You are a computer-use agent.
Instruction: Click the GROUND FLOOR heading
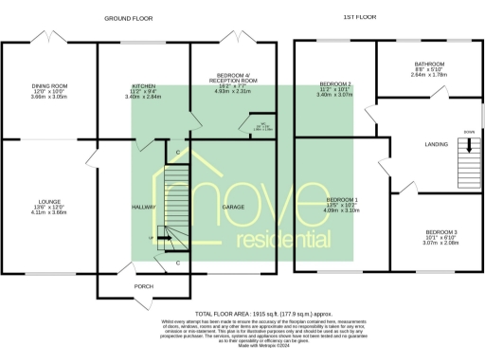coord(130,18)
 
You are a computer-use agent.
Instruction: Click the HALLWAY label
coord(143,206)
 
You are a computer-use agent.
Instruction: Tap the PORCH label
coord(144,286)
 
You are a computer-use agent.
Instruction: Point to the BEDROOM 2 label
coord(336,84)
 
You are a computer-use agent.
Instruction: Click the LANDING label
coord(435,144)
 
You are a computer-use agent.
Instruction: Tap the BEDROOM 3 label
coord(440,232)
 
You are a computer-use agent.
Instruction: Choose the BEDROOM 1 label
coord(342,200)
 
